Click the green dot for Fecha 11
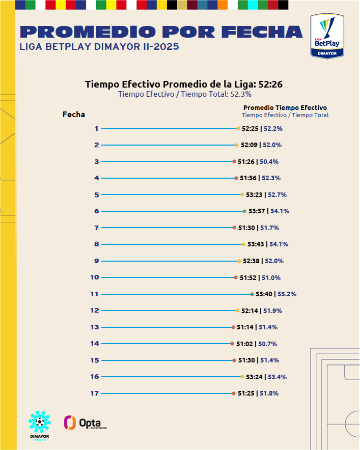point(252,294)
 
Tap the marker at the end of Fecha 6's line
point(244,211)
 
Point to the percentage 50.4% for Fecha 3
point(269,162)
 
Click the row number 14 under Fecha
point(95,344)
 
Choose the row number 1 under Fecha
point(96,128)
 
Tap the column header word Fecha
point(74,115)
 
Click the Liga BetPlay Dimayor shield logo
point(327,36)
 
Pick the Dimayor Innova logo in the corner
point(39,426)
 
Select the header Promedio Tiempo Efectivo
point(285,107)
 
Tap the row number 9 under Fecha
point(96,261)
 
